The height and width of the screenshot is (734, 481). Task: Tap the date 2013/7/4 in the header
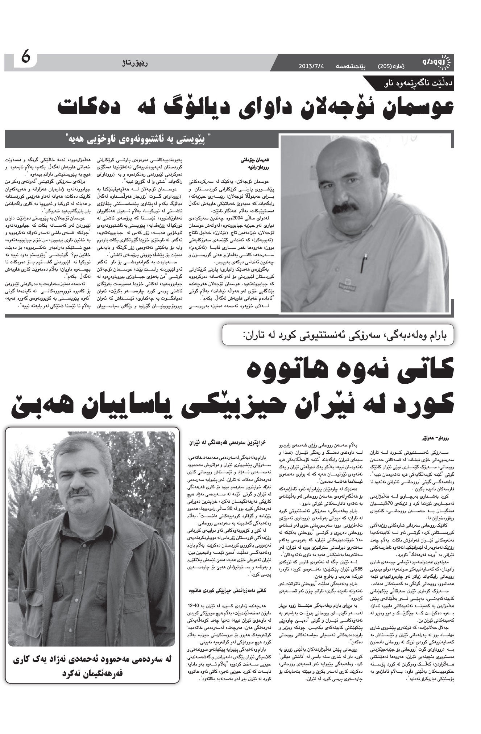click(x=314, y=66)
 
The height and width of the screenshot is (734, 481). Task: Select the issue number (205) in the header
click(x=385, y=66)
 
